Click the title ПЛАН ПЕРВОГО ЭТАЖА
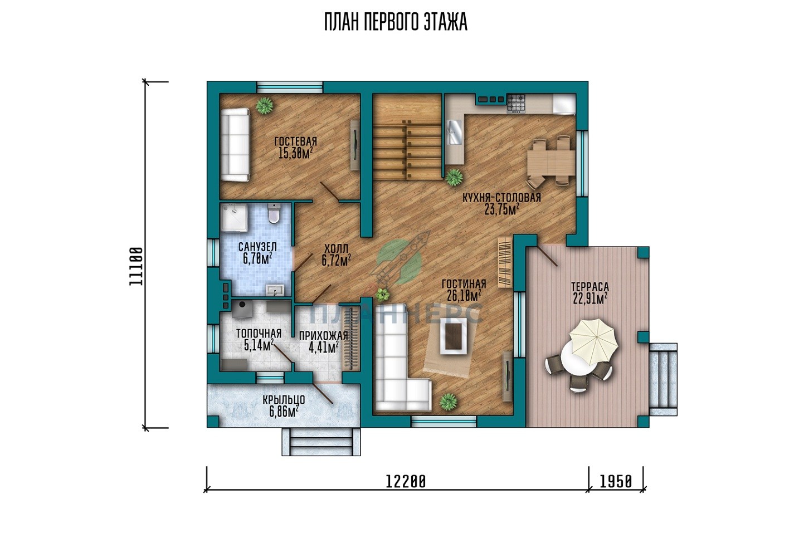[396, 22]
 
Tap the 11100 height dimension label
[136, 266]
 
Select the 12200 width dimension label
[405, 482]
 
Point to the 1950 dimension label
[616, 482]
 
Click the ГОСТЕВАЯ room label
[296, 141]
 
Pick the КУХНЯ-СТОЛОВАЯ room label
[501, 198]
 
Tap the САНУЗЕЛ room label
[257, 247]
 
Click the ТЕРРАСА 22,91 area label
[590, 292]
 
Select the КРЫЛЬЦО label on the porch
[284, 400]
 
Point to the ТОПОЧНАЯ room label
[259, 334]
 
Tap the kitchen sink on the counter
[455, 133]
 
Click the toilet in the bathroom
[274, 213]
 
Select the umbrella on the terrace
[593, 341]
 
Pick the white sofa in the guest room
[235, 145]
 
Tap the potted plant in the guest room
[264, 105]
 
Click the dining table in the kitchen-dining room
[551, 162]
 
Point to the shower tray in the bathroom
[235, 218]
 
